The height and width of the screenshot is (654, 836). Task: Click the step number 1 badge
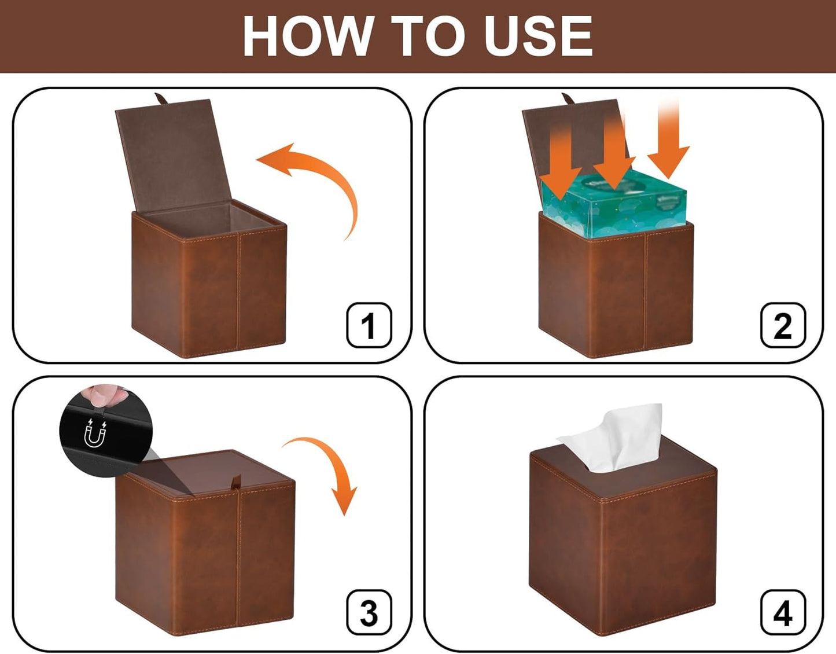(x=369, y=325)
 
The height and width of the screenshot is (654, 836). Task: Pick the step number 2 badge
(x=782, y=325)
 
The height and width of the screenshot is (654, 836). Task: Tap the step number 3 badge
(x=369, y=612)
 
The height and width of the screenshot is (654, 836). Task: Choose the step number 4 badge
(x=782, y=612)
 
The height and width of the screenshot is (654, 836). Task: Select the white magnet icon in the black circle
(x=95, y=434)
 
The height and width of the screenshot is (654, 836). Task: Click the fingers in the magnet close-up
(x=103, y=395)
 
